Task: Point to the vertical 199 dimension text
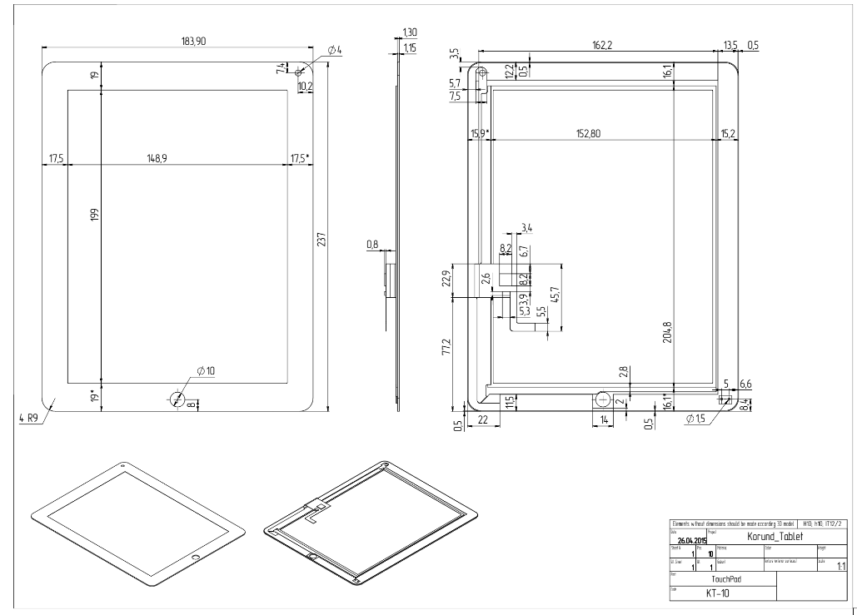coord(95,215)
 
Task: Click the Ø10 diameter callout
coord(207,370)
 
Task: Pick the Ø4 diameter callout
coord(335,51)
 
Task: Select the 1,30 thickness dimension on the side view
coord(409,32)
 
